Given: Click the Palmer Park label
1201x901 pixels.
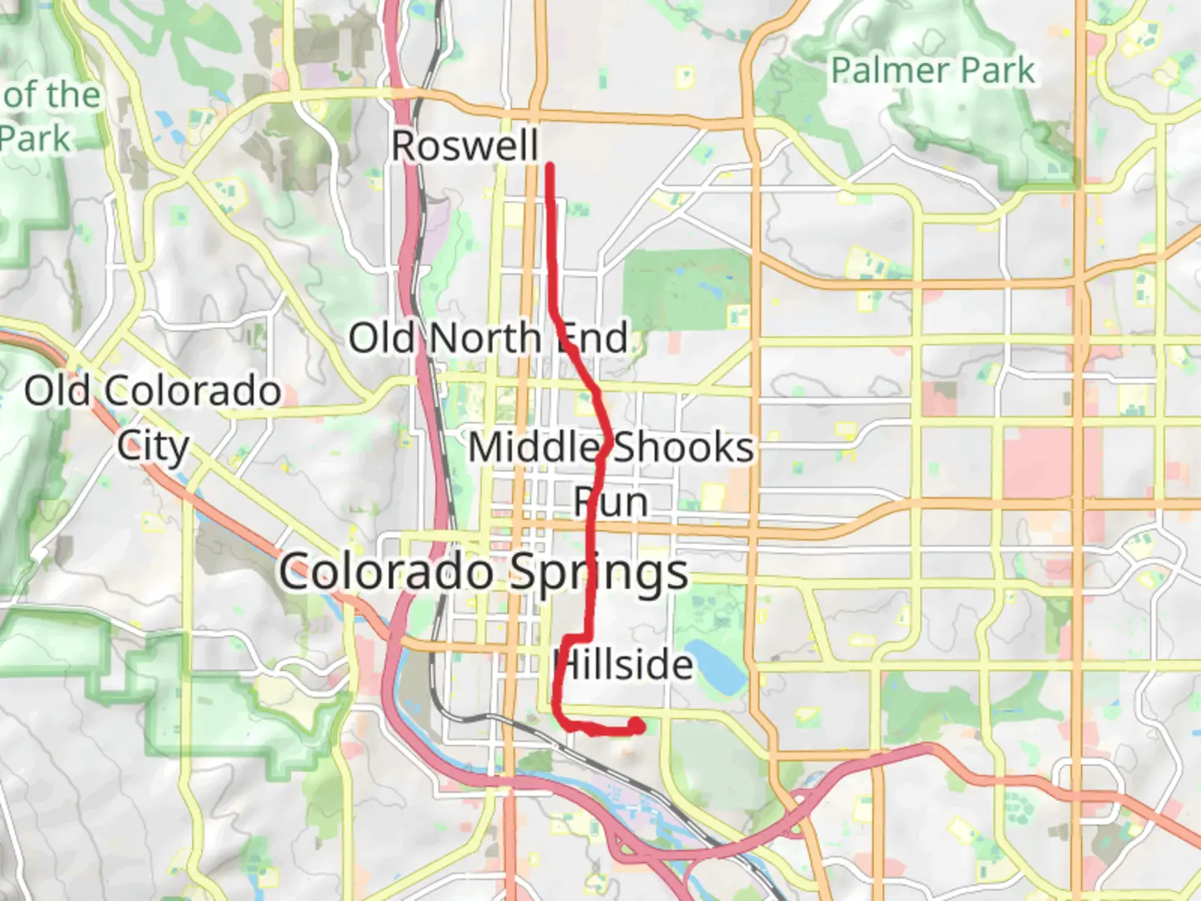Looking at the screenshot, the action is tap(932, 71).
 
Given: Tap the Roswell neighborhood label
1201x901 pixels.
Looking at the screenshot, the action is tap(465, 146).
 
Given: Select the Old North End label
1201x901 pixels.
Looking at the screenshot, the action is tap(488, 339).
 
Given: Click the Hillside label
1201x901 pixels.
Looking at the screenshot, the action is tap(624, 665).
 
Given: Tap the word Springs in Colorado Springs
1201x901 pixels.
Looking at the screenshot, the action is tap(598, 574).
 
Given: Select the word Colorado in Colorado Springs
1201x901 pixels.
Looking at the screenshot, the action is tap(385, 572).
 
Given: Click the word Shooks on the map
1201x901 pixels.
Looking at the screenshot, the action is tap(684, 448).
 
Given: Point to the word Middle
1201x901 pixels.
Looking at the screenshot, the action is tap(534, 448).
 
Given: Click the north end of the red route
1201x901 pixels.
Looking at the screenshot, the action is tap(550, 168).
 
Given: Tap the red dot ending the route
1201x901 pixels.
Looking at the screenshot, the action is tap(636, 726).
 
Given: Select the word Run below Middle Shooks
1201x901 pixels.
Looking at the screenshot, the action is tap(611, 503).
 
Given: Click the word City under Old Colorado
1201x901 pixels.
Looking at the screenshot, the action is tap(153, 446).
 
